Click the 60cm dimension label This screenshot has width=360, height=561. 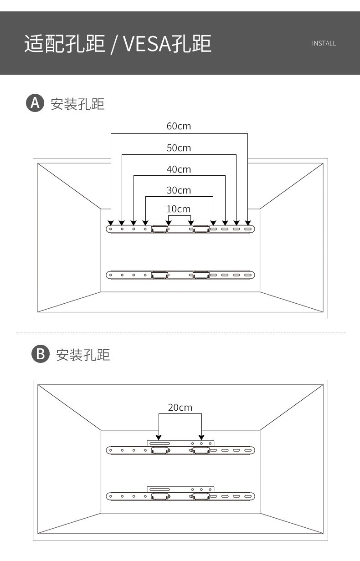pyautogui.click(x=179, y=126)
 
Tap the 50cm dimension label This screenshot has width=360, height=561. pyautogui.click(x=179, y=148)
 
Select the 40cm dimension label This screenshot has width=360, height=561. pyautogui.click(x=179, y=169)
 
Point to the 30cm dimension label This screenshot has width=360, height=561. pyautogui.click(x=179, y=190)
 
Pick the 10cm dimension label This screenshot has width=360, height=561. pyautogui.click(x=179, y=209)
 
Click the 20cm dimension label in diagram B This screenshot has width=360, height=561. pyautogui.click(x=180, y=407)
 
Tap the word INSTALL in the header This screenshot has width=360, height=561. pyautogui.click(x=324, y=43)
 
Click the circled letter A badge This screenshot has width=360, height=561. pyautogui.click(x=34, y=103)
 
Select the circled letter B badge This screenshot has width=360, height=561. pyautogui.click(x=40, y=354)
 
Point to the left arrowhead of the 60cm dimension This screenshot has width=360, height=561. pyautogui.click(x=111, y=222)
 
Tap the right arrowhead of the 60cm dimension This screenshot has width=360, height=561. pyautogui.click(x=247, y=222)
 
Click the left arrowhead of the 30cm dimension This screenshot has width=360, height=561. pyautogui.click(x=145, y=222)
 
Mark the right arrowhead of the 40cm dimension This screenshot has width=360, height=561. pyautogui.click(x=225, y=222)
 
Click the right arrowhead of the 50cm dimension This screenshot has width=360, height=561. pyautogui.click(x=236, y=222)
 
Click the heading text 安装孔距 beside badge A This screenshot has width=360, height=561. pyautogui.click(x=77, y=104)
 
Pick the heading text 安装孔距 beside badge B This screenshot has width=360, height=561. pyautogui.click(x=83, y=355)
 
